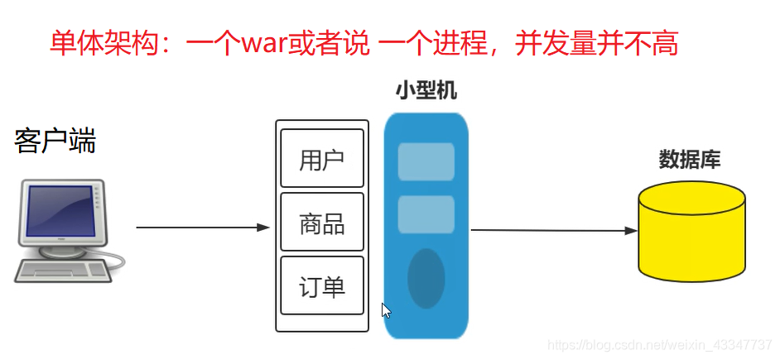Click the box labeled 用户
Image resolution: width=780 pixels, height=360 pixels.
pyautogui.click(x=322, y=159)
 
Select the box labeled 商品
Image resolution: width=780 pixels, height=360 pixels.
pyautogui.click(x=322, y=223)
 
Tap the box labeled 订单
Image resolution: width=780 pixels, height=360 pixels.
pyautogui.click(x=322, y=286)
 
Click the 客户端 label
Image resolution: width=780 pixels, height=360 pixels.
pyautogui.click(x=55, y=142)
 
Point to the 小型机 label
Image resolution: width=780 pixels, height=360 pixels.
pyautogui.click(x=426, y=90)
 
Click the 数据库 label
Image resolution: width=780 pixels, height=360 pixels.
pyautogui.click(x=690, y=159)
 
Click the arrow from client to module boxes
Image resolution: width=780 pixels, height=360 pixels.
pyautogui.click(x=203, y=227)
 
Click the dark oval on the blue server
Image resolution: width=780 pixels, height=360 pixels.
pyautogui.click(x=426, y=278)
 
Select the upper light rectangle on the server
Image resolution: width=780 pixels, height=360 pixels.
pyautogui.click(x=426, y=162)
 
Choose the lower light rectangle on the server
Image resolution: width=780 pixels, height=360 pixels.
pyautogui.click(x=426, y=214)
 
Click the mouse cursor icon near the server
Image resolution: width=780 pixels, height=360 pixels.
pyautogui.click(x=386, y=310)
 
